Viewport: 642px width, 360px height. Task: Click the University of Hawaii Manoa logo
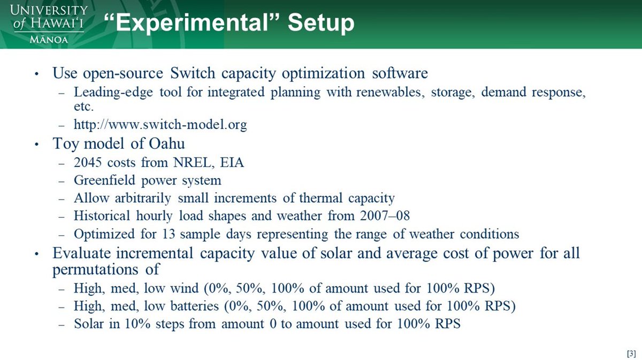pos(49,24)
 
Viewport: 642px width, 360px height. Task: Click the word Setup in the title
pos(321,24)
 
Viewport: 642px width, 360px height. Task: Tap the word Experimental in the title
pos(195,24)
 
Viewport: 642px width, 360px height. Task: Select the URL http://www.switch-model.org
pos(160,125)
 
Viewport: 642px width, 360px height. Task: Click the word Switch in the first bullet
pos(193,73)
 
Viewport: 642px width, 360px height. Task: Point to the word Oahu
pos(166,143)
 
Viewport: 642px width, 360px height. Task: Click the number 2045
pos(88,163)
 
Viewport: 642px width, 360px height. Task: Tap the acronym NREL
pos(194,163)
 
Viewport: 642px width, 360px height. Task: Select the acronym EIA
pos(232,163)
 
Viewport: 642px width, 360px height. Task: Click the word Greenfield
pos(104,180)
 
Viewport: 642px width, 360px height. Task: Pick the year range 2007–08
pos(385,216)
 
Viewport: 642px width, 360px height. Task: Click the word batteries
pos(195,306)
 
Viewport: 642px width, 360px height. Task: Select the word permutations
pos(95,270)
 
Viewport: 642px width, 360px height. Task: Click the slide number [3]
pos(631,353)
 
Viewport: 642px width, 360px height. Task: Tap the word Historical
pos(102,216)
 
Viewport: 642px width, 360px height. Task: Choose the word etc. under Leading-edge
pos(83,106)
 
